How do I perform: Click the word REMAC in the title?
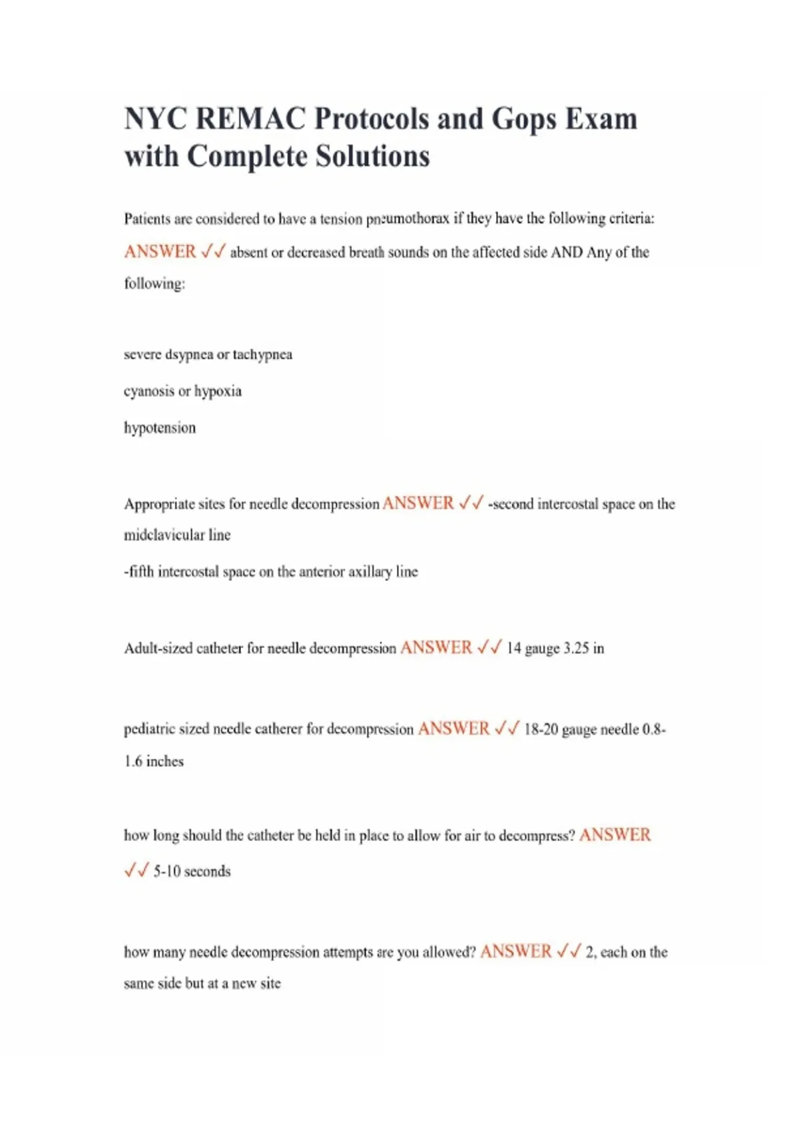[252, 119]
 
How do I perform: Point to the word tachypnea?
[262, 355]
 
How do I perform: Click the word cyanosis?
[148, 392]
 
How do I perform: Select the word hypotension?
[160, 428]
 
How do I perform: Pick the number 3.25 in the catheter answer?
[576, 649]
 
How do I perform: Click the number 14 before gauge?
[513, 649]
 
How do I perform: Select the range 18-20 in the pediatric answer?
[541, 730]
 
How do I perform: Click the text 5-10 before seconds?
[166, 872]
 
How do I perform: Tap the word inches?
[164, 762]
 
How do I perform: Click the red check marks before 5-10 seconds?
[136, 871]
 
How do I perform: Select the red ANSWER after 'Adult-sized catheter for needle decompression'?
[435, 648]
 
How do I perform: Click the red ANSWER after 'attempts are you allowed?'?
[515, 952]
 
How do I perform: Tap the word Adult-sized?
[158, 649]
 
